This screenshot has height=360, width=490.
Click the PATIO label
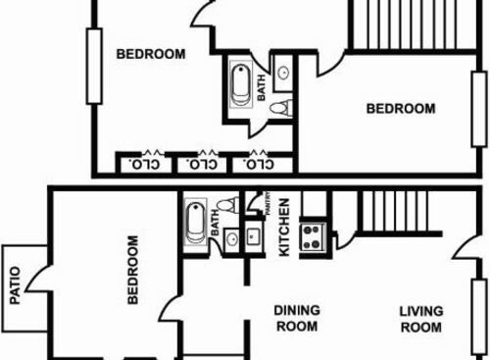(15, 285)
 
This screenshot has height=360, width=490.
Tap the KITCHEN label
(284, 228)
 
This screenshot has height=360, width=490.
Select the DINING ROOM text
(297, 318)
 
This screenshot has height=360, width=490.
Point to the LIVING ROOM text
(421, 319)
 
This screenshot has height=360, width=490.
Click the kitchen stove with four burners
(312, 237)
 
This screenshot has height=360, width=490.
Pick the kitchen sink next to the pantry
(254, 236)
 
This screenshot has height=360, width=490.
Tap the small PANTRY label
(269, 203)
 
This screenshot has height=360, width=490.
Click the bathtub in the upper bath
(241, 84)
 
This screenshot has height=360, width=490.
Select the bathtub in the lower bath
(195, 222)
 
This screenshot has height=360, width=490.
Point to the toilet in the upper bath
(280, 108)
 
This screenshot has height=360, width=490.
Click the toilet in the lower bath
(228, 205)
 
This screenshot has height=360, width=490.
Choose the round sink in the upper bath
(283, 73)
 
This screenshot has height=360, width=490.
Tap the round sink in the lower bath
(232, 240)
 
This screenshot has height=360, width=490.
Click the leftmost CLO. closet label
(145, 164)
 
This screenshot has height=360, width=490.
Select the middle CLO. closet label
(202, 164)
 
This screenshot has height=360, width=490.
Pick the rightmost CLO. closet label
(259, 164)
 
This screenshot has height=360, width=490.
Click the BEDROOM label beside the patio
(132, 270)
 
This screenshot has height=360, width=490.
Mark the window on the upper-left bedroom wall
(94, 67)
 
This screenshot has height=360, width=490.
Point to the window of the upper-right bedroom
(479, 109)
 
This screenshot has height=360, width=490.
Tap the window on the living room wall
(479, 316)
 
